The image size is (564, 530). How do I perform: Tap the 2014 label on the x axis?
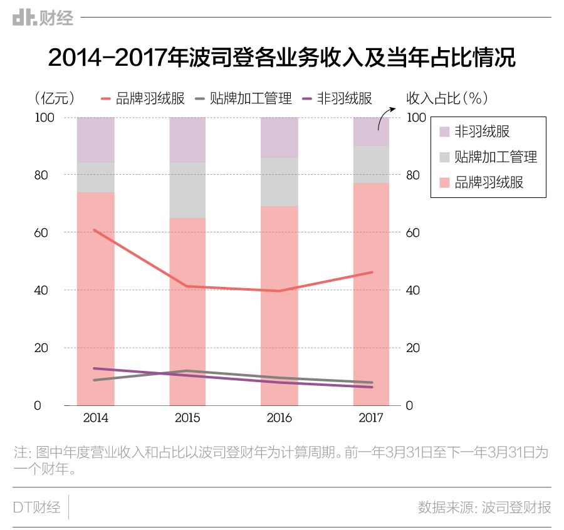(x=95, y=418)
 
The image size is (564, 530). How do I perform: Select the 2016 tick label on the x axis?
(x=279, y=418)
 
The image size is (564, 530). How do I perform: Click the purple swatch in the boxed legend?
(x=444, y=132)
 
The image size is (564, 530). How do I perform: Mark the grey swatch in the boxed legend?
(x=444, y=157)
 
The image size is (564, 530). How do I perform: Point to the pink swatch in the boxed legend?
(x=444, y=183)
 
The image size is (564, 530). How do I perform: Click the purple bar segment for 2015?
(x=187, y=139)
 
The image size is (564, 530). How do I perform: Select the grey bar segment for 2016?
(x=279, y=182)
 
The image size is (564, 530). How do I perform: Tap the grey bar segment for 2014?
(x=95, y=177)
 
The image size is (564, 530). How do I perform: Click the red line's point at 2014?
(x=95, y=231)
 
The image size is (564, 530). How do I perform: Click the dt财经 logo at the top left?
(x=43, y=18)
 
